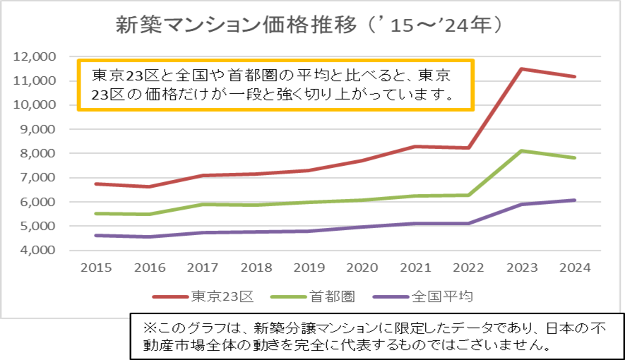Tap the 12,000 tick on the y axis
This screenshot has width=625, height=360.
point(35,56)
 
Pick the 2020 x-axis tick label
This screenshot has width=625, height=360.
point(362,268)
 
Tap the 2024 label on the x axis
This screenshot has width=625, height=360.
point(575,268)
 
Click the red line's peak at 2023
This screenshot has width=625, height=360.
point(522,68)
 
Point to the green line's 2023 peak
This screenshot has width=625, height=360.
point(522,150)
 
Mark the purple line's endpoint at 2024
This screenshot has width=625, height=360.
point(575,200)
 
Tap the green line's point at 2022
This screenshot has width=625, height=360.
point(468,195)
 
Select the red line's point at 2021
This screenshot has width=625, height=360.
point(415,146)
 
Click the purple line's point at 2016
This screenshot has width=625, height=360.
point(149,236)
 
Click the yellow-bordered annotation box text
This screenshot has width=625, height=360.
point(275,84)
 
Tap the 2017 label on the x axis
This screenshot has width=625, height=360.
point(202,268)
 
